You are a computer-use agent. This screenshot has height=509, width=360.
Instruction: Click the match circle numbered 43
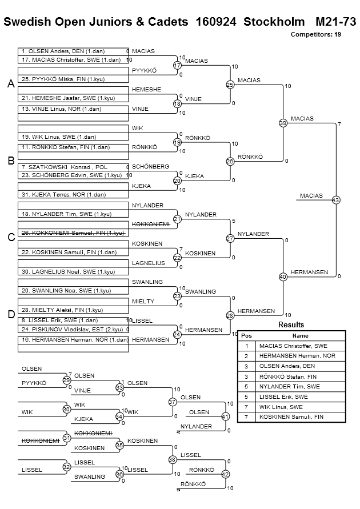pyautogui.click(x=336, y=200)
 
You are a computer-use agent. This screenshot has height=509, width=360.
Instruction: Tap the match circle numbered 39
pyautogui.click(x=283, y=123)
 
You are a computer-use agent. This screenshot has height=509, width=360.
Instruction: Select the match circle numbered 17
pyautogui.click(x=177, y=65)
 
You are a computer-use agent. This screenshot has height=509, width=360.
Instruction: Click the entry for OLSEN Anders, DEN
pyautogui.click(x=63, y=51)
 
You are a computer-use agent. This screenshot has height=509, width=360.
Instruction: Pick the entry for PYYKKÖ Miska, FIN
pyautogui.click(x=63, y=79)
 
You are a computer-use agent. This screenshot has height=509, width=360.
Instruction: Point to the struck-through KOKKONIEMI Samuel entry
pyautogui.click(x=73, y=233)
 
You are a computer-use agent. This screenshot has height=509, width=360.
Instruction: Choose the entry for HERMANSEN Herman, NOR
pyautogui.click(x=75, y=340)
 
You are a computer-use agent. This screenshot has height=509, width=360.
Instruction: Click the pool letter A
pyautogui.click(x=11, y=84)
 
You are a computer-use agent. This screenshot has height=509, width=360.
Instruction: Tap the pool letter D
pyautogui.click(x=11, y=314)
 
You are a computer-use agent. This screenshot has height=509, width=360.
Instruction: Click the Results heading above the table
pyautogui.click(x=291, y=324)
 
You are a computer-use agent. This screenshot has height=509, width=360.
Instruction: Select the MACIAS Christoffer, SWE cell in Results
pyautogui.click(x=293, y=346)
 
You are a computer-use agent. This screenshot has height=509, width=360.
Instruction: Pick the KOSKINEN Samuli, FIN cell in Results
pyautogui.click(x=291, y=417)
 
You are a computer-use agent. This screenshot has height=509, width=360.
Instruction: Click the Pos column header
pyautogui.click(x=246, y=336)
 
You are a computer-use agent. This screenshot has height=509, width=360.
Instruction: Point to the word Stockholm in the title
pyautogui.click(x=274, y=22)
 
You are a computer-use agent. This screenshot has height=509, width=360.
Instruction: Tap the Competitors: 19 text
pyautogui.click(x=316, y=34)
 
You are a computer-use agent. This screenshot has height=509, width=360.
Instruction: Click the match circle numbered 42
pyautogui.click(x=225, y=474)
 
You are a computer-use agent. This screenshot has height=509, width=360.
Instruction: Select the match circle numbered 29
pyautogui.click(x=66, y=380)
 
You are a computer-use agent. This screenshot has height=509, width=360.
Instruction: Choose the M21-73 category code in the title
pyautogui.click(x=335, y=22)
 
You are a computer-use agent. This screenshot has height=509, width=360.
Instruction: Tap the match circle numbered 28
pyautogui.click(x=230, y=315)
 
